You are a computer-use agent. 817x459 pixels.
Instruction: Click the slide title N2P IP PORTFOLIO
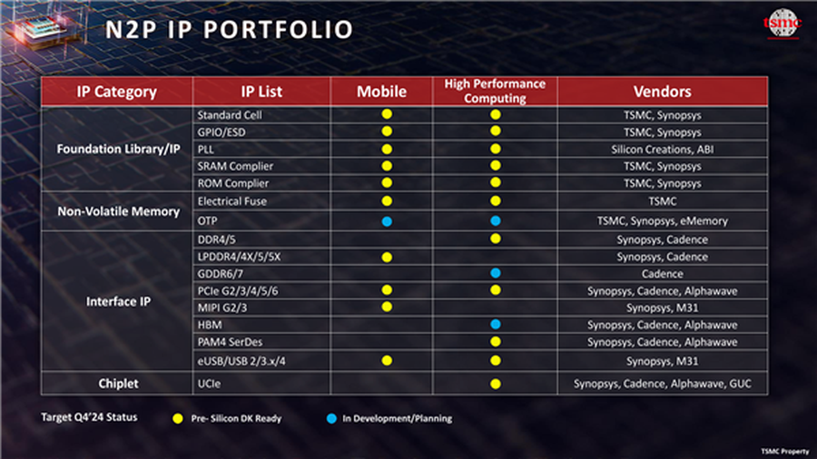coord(229,30)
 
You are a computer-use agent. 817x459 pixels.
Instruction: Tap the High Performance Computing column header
coord(495,92)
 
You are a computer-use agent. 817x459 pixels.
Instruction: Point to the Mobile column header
coord(381,92)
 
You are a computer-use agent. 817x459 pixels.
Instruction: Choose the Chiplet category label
coord(117,383)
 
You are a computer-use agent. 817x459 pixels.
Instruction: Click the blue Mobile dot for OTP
coord(386,220)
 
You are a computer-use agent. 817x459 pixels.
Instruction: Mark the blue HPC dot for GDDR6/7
coord(496,273)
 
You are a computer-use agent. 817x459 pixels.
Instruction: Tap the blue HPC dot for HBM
coord(496,325)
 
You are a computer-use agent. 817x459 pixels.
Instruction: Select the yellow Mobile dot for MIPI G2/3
coord(386,308)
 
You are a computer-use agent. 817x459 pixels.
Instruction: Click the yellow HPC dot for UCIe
coord(496,384)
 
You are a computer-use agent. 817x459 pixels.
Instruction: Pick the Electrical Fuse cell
coord(232,201)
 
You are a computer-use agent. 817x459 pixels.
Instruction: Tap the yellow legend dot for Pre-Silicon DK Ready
coord(179,419)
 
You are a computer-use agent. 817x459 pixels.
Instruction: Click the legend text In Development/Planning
coord(397,419)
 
